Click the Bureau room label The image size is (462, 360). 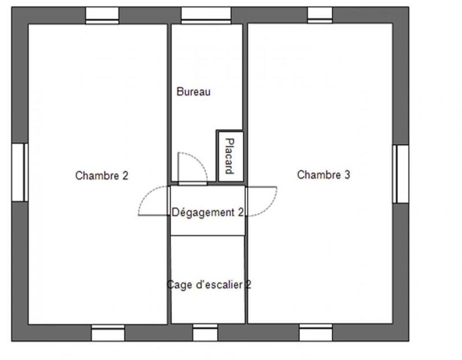click(193, 91)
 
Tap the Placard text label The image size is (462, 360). click(229, 155)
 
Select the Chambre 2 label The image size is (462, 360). click(102, 175)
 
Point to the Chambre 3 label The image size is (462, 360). click(323, 175)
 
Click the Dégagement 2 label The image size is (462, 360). click(207, 213)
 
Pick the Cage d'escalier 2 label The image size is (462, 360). click(208, 284)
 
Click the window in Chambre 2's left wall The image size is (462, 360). click(19, 172)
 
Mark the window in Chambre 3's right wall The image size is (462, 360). click(401, 173)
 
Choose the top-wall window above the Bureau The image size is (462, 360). click(206, 15)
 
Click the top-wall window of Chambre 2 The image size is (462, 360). click(102, 15)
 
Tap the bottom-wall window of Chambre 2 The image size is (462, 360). click(108, 333)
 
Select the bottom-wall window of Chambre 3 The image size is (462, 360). click(316, 333)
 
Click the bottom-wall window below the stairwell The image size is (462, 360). click(205, 333)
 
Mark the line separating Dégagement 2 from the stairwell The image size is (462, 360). click(207, 235)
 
